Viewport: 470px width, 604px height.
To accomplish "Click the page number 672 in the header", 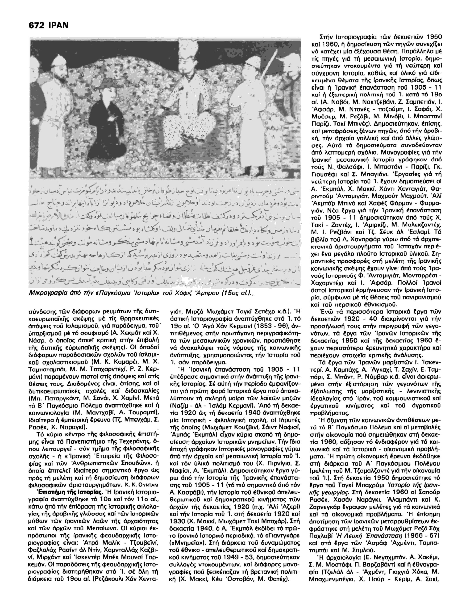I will pyautogui.click(x=36, y=25).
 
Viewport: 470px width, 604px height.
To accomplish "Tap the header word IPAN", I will pyautogui.click(x=58, y=25).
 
